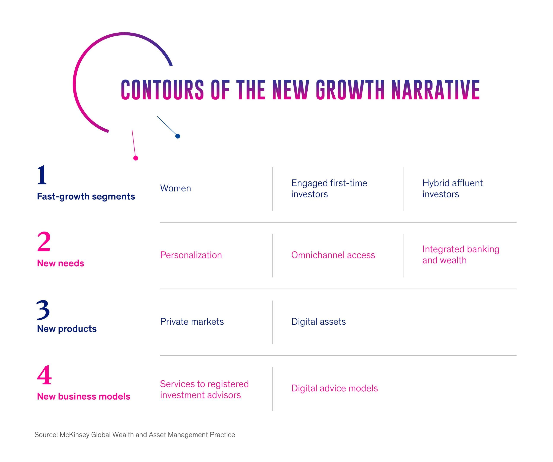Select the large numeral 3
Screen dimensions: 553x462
pos(43,310)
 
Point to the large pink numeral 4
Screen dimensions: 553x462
pos(44,375)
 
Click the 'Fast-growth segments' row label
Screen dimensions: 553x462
pos(86,197)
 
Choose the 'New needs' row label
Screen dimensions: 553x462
pos(60,263)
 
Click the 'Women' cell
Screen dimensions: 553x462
pos(176,188)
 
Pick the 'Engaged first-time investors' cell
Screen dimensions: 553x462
pos(329,189)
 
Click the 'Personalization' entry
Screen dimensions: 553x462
pos(191,255)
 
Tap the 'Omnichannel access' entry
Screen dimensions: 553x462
pos(333,255)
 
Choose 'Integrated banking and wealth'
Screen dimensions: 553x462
pos(461,255)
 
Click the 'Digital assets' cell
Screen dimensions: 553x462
pos(319,322)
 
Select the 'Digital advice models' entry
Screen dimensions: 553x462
pos(334,388)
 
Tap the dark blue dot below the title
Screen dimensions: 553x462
pos(178,136)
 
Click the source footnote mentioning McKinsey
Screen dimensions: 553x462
pos(135,435)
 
